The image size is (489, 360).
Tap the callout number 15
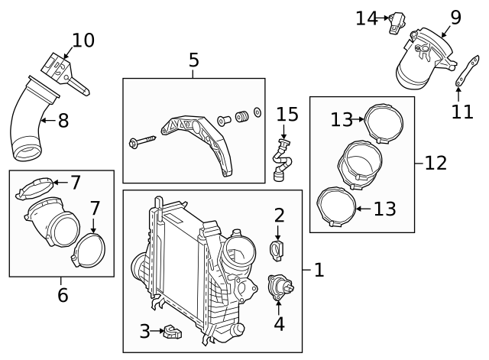click(287, 115)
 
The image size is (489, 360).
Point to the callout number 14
click(366, 18)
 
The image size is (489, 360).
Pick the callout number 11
click(461, 112)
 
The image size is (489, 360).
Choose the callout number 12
click(436, 162)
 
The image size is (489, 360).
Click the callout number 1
click(319, 269)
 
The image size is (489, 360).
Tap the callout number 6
click(63, 295)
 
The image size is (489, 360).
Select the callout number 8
click(63, 120)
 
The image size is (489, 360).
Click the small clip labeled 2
click(278, 248)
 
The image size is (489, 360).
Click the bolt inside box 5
click(143, 141)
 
